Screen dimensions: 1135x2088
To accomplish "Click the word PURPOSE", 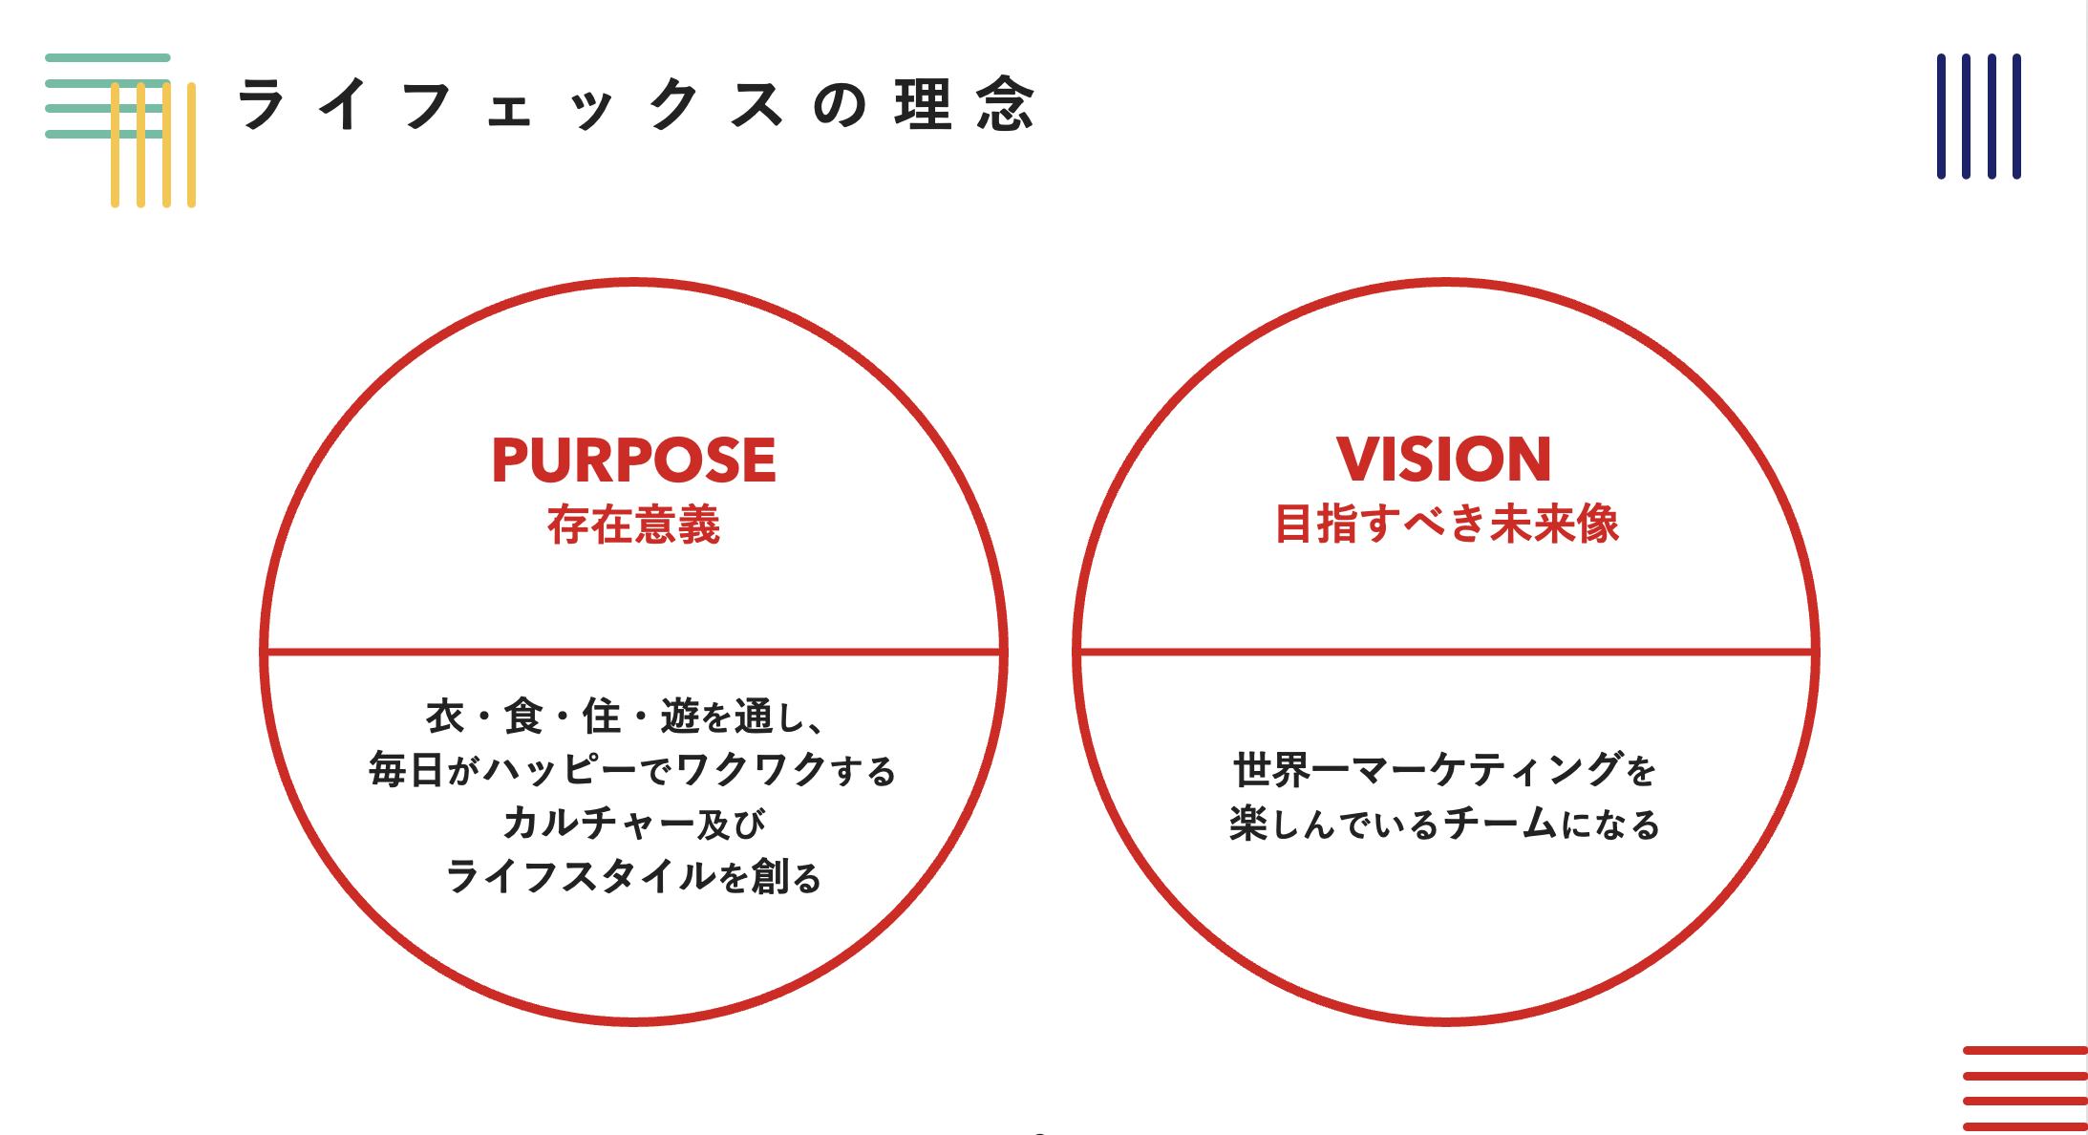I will click(x=633, y=460).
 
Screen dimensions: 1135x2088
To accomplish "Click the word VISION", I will click(x=1444, y=460).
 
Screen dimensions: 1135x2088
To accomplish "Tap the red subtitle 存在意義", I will click(x=633, y=525).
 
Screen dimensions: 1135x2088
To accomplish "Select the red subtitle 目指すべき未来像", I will click(x=1446, y=524).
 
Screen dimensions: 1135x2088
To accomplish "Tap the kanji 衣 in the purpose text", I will click(x=445, y=716).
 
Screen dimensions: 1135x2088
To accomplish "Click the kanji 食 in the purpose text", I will click(x=523, y=716).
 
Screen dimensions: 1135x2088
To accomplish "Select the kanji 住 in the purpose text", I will click(x=602, y=716).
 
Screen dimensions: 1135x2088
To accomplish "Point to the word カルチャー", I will click(x=599, y=824).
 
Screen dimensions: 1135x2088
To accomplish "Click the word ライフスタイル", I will click(x=580, y=876).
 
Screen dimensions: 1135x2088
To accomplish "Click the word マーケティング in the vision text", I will click(x=1487, y=769).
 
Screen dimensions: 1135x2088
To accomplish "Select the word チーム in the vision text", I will click(x=1501, y=824).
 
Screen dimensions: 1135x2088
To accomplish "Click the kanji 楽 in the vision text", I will click(x=1248, y=824).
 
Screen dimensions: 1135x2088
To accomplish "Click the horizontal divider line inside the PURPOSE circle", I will click(x=633, y=653).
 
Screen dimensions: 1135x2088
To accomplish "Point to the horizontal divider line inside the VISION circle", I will click(x=1446, y=653).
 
